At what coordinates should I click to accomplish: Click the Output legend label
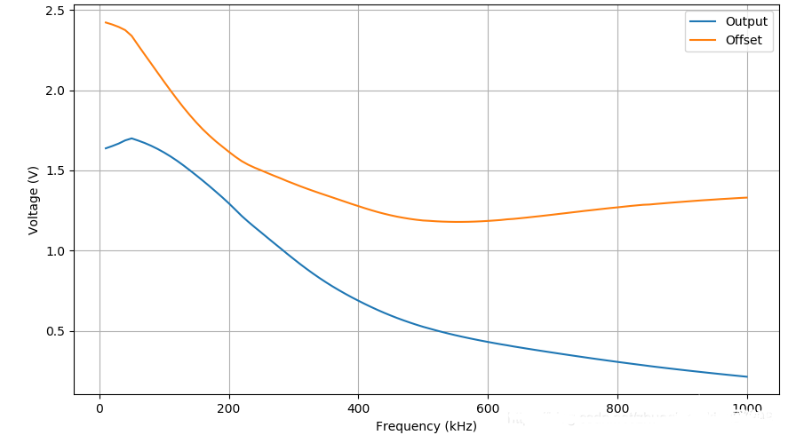click(x=746, y=21)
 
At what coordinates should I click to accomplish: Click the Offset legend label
click(x=744, y=40)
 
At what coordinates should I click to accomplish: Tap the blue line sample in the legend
click(x=704, y=21)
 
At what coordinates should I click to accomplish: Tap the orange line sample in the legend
click(x=704, y=40)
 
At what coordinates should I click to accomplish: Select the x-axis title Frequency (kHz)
click(x=426, y=426)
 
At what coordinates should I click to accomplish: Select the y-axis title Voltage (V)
click(x=34, y=200)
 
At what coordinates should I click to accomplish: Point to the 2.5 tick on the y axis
click(x=54, y=11)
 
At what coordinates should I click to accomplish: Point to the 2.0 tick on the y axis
click(x=54, y=91)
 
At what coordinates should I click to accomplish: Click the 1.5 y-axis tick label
click(x=54, y=170)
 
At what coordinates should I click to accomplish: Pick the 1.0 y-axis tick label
click(x=54, y=251)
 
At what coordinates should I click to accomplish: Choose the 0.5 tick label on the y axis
click(x=54, y=331)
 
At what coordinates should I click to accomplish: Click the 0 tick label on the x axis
click(x=100, y=408)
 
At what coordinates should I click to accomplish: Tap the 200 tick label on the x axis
click(x=229, y=408)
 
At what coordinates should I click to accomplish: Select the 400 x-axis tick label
click(x=358, y=408)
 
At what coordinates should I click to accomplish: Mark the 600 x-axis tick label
click(x=488, y=408)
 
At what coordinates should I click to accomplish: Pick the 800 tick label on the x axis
click(x=617, y=408)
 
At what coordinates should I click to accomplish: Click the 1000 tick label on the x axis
click(x=746, y=408)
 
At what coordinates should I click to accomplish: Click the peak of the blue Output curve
click(x=131, y=138)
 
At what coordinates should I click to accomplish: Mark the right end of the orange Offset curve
click(x=746, y=197)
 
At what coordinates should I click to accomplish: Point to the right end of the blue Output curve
click(x=746, y=376)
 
